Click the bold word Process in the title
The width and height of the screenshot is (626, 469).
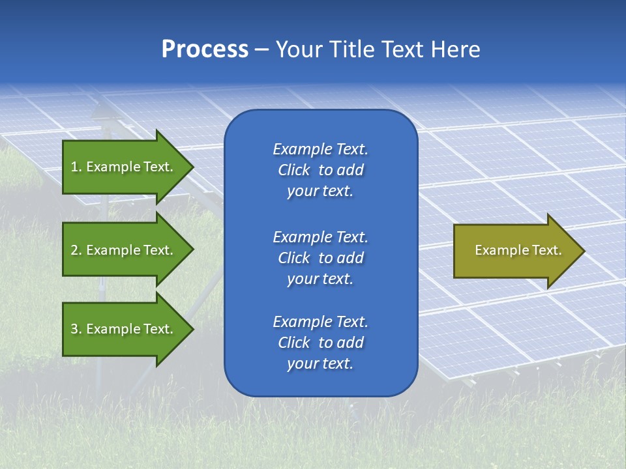(x=205, y=50)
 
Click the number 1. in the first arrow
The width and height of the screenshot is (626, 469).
(x=76, y=167)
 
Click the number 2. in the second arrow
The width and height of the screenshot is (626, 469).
(x=76, y=250)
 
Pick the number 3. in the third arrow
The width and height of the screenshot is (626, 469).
(x=76, y=329)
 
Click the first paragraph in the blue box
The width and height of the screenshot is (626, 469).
(x=320, y=170)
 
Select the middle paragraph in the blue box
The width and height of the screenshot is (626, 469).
(x=320, y=258)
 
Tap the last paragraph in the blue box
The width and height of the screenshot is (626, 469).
(x=320, y=343)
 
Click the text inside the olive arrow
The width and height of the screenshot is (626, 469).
(x=518, y=250)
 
